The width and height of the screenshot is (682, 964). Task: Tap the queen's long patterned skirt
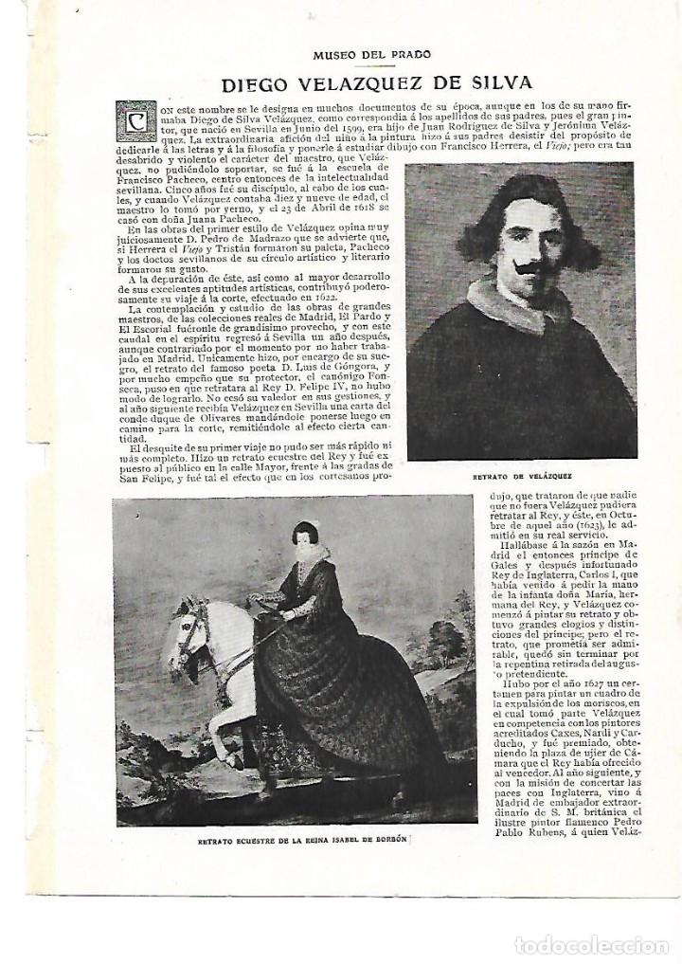(x=360, y=701)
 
